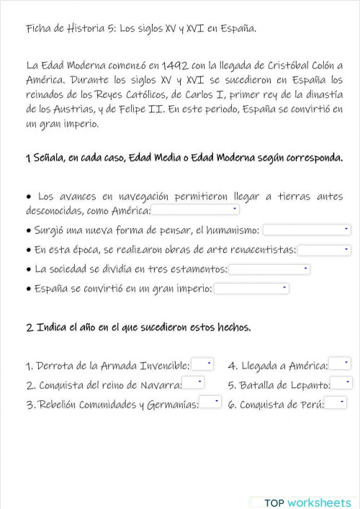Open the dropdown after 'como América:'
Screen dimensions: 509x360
click(195, 210)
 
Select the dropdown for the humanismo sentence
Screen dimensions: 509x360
click(307, 230)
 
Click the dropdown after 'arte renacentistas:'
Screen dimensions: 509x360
click(324, 250)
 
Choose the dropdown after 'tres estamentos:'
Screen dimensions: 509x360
click(269, 269)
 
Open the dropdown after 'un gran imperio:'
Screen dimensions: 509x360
click(251, 289)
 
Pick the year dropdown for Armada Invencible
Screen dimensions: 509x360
click(202, 365)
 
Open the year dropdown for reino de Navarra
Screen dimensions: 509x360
click(193, 384)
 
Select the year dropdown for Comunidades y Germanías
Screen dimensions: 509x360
click(210, 403)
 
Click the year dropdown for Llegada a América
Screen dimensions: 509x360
click(338, 365)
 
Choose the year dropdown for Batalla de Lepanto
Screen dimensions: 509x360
click(341, 384)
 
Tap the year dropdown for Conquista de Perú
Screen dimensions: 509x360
click(336, 403)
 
